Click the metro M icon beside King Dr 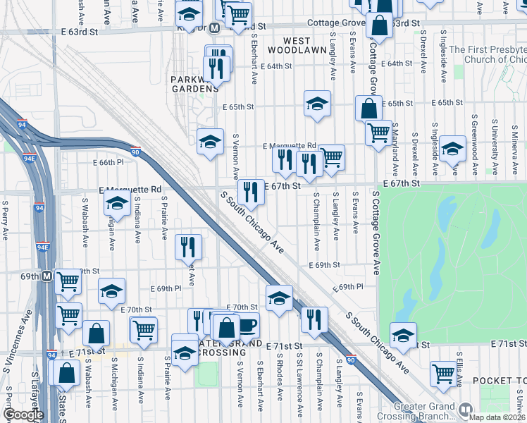221,27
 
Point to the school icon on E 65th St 317,104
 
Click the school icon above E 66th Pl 209,142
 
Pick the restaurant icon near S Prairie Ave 187,246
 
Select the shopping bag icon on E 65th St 368,109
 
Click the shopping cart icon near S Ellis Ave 443,374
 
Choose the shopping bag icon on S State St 66,374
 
